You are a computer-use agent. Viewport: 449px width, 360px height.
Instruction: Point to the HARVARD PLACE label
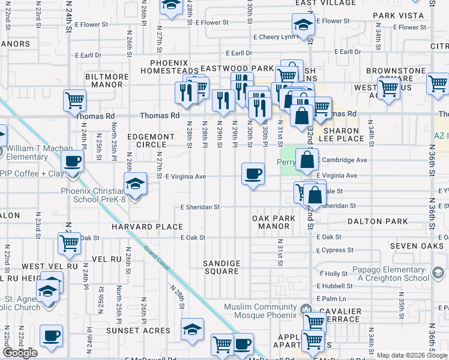tap(146, 227)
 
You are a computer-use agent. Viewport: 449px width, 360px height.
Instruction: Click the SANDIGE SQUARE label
tap(221, 267)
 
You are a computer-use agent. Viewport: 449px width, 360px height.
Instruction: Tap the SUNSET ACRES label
tap(139, 330)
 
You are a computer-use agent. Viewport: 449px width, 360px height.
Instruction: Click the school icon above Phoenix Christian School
tap(136, 183)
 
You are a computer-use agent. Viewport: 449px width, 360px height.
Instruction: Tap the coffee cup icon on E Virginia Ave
tap(253, 174)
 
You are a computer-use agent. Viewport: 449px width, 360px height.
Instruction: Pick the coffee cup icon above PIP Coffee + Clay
tap(73, 161)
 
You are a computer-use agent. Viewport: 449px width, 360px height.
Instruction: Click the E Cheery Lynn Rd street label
tap(274, 37)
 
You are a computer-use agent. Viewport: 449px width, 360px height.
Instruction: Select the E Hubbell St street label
tap(336, 286)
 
